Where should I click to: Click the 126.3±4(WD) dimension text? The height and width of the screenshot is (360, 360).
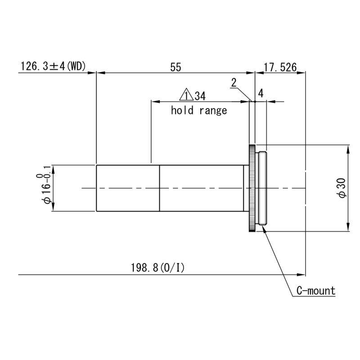click(53, 66)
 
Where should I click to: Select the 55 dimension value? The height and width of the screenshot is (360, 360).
click(175, 67)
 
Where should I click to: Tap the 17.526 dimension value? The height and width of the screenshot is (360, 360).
click(280, 67)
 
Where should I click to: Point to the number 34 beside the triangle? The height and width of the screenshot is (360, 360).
click(200, 96)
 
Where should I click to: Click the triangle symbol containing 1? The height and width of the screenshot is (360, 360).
click(186, 95)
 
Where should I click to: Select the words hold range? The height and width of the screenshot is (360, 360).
click(199, 110)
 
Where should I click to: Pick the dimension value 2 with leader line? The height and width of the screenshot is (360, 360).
click(234, 83)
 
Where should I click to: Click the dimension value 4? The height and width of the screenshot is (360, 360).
click(261, 94)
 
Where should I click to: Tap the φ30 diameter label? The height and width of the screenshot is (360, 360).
click(342, 188)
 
